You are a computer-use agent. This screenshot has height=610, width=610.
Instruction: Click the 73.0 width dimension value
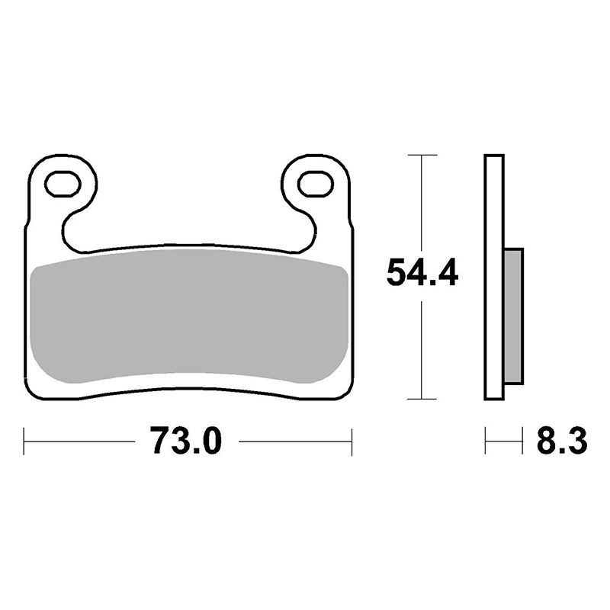[x=186, y=441]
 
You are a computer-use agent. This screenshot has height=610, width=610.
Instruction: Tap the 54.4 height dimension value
[x=422, y=273]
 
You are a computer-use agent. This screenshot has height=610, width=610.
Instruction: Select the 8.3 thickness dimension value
[x=562, y=441]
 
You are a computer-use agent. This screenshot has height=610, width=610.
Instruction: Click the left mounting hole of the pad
[x=63, y=184]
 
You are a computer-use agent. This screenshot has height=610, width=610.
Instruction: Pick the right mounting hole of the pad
[x=316, y=184]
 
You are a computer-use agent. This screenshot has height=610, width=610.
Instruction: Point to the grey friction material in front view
[x=188, y=316]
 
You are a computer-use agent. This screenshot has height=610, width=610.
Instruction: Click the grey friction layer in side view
[x=513, y=316]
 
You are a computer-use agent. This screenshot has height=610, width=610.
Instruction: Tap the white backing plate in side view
[x=494, y=277]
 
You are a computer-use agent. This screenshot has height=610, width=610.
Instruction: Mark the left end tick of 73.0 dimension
[x=24, y=441]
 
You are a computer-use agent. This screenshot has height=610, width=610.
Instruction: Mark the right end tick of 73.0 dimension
[x=352, y=441]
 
